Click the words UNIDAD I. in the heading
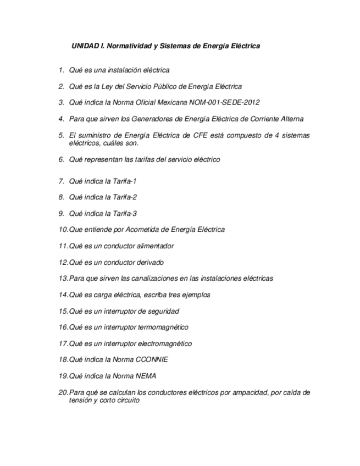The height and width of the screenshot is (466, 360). [x=88, y=46]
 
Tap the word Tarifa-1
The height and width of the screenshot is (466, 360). [x=125, y=181]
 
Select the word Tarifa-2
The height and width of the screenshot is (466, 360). [x=125, y=197]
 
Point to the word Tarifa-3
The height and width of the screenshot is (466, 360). [x=125, y=213]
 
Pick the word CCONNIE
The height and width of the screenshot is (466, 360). [x=152, y=359]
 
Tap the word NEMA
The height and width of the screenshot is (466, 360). [x=146, y=376]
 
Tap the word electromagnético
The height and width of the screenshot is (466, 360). [x=164, y=343]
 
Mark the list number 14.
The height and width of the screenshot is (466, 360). [x=63, y=295]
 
